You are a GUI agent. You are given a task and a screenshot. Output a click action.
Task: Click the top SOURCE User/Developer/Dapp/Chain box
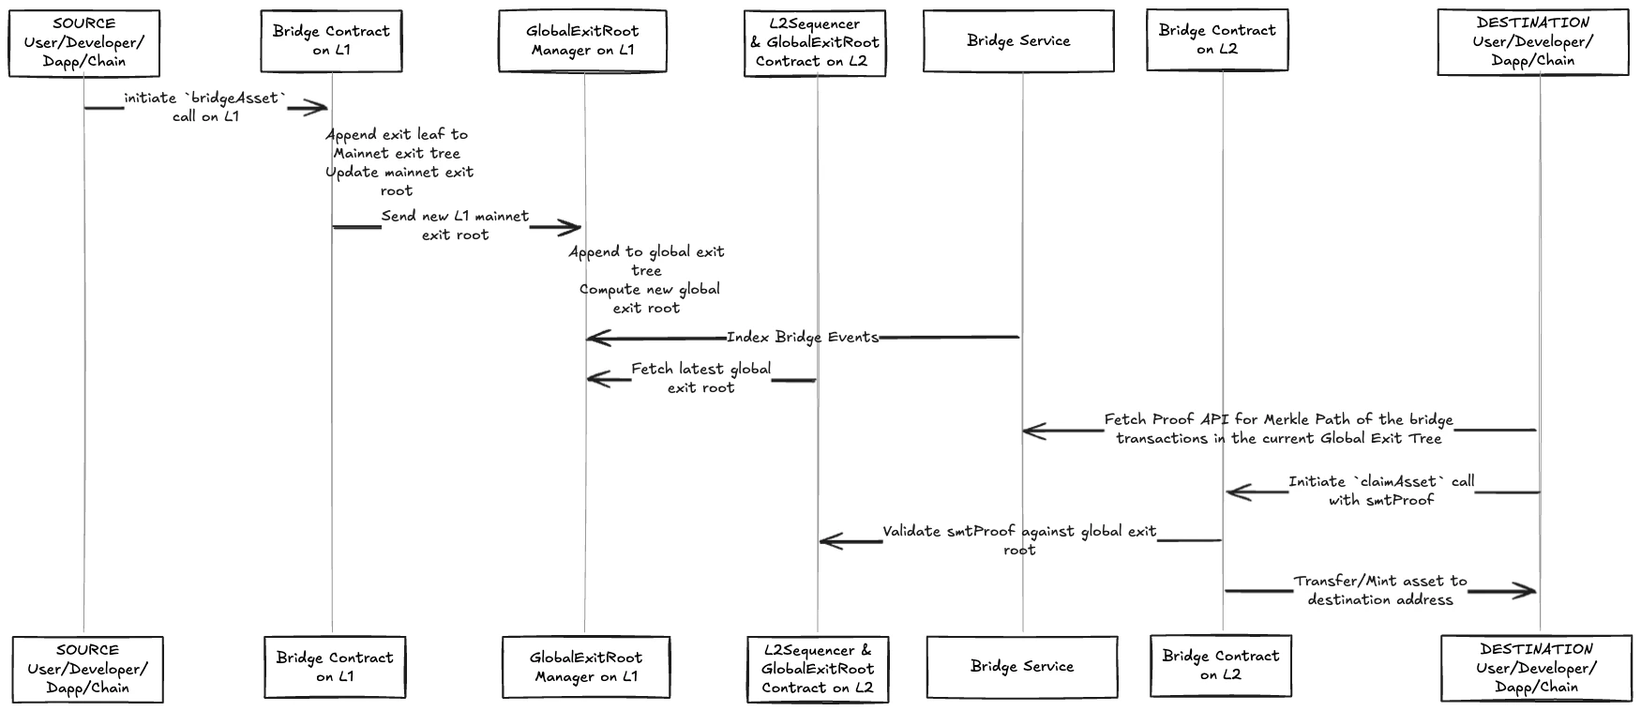[x=84, y=43]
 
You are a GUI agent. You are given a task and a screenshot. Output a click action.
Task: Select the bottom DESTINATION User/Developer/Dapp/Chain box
[x=1536, y=669]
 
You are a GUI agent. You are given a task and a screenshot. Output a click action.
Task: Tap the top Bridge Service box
[x=1018, y=41]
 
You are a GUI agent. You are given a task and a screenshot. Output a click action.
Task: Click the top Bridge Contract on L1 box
[x=331, y=41]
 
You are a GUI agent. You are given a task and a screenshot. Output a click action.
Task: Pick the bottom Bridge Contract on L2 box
[x=1220, y=666]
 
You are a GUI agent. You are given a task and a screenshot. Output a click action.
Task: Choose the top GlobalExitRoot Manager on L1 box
[x=582, y=41]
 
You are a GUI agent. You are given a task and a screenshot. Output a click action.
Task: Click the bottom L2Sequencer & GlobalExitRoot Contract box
[x=817, y=669]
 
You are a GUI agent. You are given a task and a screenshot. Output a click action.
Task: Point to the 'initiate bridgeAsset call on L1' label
[x=205, y=108]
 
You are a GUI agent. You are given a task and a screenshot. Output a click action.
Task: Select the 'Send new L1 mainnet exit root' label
[x=455, y=226]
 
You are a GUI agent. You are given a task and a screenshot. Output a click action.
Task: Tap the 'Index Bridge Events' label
[x=803, y=338]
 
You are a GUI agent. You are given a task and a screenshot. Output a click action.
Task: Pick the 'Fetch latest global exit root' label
[x=700, y=378]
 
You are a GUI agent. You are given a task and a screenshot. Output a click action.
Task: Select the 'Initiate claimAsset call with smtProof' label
[x=1380, y=491]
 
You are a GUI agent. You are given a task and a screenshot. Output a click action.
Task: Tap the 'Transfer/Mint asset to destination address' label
[x=1379, y=591]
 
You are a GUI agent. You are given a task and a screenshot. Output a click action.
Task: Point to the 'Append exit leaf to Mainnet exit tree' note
[x=397, y=144]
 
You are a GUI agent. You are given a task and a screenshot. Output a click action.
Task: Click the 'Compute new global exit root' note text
[x=648, y=298]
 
